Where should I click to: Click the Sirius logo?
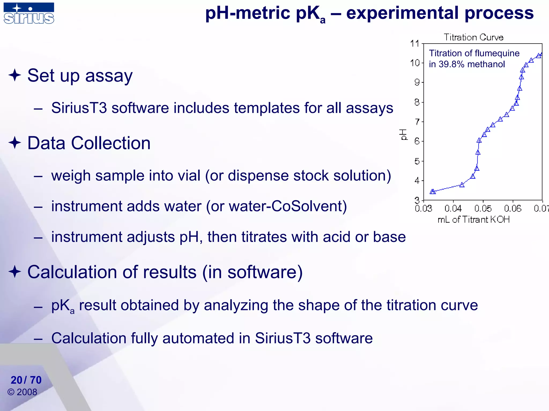coord(29,13)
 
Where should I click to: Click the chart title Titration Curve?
coord(473,37)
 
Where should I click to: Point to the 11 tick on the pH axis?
coord(415,44)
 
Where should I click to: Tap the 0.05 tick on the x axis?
coord(483,208)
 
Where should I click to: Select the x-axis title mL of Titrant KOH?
coord(473,220)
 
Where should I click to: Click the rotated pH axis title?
coord(403,134)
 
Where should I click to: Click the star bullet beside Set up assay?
coord(15,75)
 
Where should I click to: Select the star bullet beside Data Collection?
coord(15,143)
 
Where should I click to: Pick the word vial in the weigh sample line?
coord(188,176)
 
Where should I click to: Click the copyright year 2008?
coord(27,392)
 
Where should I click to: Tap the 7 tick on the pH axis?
coord(417,122)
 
